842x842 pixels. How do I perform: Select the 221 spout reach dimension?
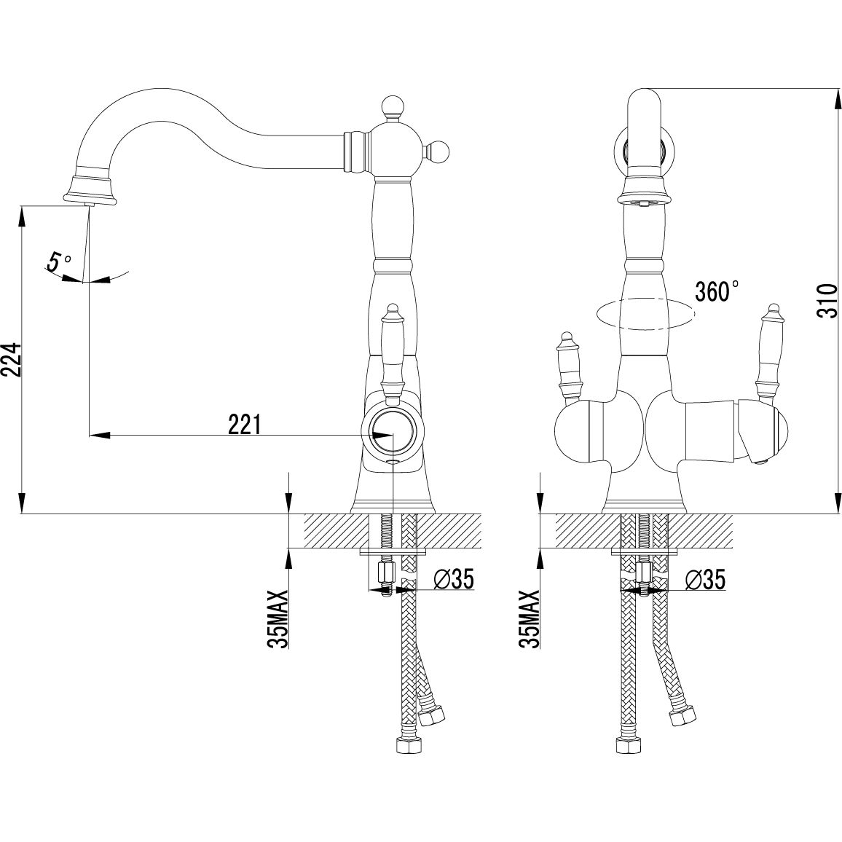click(x=245, y=425)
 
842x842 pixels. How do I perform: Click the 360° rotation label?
click(x=717, y=291)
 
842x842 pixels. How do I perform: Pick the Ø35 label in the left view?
click(x=453, y=580)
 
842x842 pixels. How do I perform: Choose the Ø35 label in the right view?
click(x=705, y=580)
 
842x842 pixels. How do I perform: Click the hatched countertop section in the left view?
click(x=335, y=530)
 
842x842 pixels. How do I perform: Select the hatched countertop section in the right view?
click(x=583, y=530)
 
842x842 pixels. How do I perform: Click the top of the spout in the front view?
click(x=644, y=95)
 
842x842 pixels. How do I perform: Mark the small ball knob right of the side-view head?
click(x=440, y=152)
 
